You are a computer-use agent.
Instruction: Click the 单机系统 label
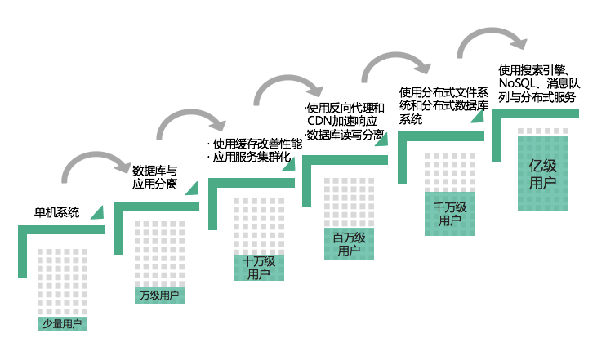click(x=57, y=212)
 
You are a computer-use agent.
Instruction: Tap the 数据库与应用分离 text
click(x=154, y=177)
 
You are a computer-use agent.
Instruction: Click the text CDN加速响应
click(x=342, y=121)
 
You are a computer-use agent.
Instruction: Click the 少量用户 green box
click(x=62, y=324)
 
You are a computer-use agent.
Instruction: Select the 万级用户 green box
click(x=159, y=296)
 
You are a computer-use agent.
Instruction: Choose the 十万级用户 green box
click(x=259, y=268)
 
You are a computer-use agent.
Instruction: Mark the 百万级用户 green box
click(x=349, y=244)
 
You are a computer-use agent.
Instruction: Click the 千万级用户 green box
click(x=450, y=214)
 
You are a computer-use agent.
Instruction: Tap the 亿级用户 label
click(x=543, y=174)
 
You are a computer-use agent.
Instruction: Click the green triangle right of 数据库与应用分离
click(x=194, y=189)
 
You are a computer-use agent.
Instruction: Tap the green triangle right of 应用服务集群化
click(x=290, y=165)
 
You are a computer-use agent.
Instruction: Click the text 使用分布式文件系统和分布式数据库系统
click(x=443, y=105)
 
